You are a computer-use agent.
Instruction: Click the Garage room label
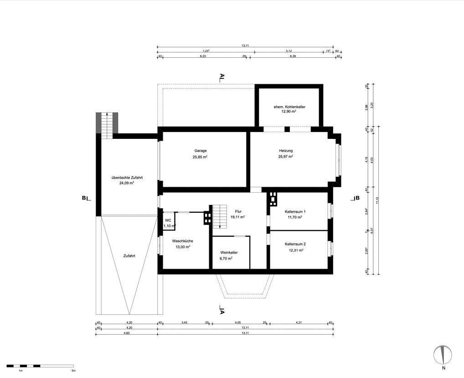(200, 150)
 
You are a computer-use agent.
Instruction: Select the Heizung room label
(286, 150)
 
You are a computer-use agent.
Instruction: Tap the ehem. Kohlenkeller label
(289, 107)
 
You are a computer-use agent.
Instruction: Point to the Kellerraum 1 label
(295, 212)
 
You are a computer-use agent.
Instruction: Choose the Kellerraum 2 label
(295, 244)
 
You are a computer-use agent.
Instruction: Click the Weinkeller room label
(229, 252)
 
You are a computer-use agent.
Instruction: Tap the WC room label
(168, 220)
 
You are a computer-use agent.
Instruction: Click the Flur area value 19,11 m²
(237, 217)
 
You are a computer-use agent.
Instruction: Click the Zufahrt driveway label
(129, 255)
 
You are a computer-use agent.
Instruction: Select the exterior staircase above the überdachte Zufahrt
(106, 123)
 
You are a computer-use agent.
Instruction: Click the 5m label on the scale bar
(73, 371)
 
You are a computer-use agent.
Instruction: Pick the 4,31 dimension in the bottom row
(299, 322)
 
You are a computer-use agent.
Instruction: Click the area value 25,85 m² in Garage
(200, 157)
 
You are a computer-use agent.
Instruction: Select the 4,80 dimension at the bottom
(127, 333)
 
